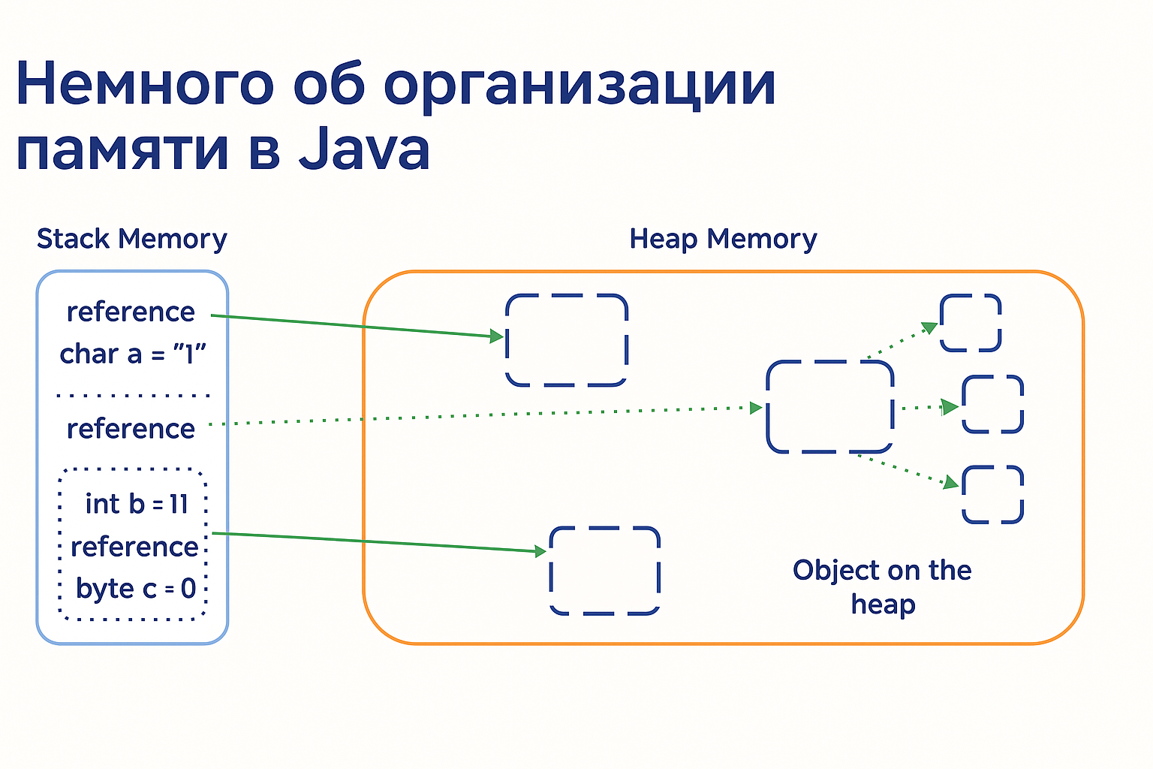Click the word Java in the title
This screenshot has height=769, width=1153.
[x=365, y=149]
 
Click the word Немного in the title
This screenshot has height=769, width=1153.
[x=145, y=83]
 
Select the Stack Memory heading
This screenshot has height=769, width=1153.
[x=131, y=239]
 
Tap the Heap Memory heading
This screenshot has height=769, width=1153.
[x=723, y=239]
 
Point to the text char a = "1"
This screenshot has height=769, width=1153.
[x=133, y=354]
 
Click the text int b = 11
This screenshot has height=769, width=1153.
[x=137, y=504]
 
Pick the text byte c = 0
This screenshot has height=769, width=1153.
[x=136, y=588]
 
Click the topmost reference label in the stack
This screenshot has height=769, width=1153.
[x=131, y=312]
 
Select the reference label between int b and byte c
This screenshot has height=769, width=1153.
[x=134, y=547]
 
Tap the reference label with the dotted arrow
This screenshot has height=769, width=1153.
[x=131, y=429]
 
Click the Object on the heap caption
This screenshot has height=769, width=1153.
[x=882, y=587]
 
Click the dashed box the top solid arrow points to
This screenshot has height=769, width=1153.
[x=566, y=340]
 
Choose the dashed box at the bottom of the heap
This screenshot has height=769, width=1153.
[x=604, y=571]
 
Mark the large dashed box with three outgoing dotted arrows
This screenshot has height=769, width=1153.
[x=829, y=407]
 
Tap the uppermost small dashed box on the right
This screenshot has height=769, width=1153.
[x=971, y=323]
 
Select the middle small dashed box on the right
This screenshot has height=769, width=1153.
[x=992, y=405]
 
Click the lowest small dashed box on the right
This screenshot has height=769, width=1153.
[x=992, y=494]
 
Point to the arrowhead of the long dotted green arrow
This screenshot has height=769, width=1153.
[x=757, y=408]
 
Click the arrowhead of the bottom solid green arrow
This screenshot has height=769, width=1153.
[x=540, y=552]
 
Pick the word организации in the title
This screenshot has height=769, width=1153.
[x=580, y=83]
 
